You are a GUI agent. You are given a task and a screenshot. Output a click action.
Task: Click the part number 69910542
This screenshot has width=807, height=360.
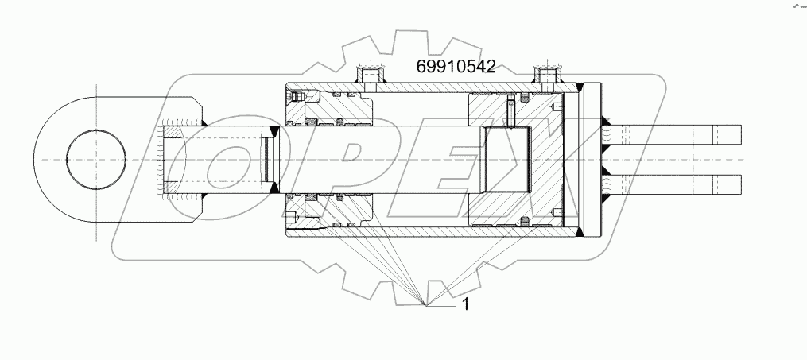click(456, 67)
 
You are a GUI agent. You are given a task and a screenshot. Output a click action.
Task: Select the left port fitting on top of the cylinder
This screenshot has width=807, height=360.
click(368, 76)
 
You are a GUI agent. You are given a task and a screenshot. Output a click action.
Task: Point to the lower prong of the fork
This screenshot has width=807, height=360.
click(676, 184)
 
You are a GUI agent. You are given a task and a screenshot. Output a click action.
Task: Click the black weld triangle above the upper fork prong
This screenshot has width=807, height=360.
click(607, 120)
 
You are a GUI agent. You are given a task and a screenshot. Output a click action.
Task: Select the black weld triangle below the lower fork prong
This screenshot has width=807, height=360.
click(607, 198)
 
